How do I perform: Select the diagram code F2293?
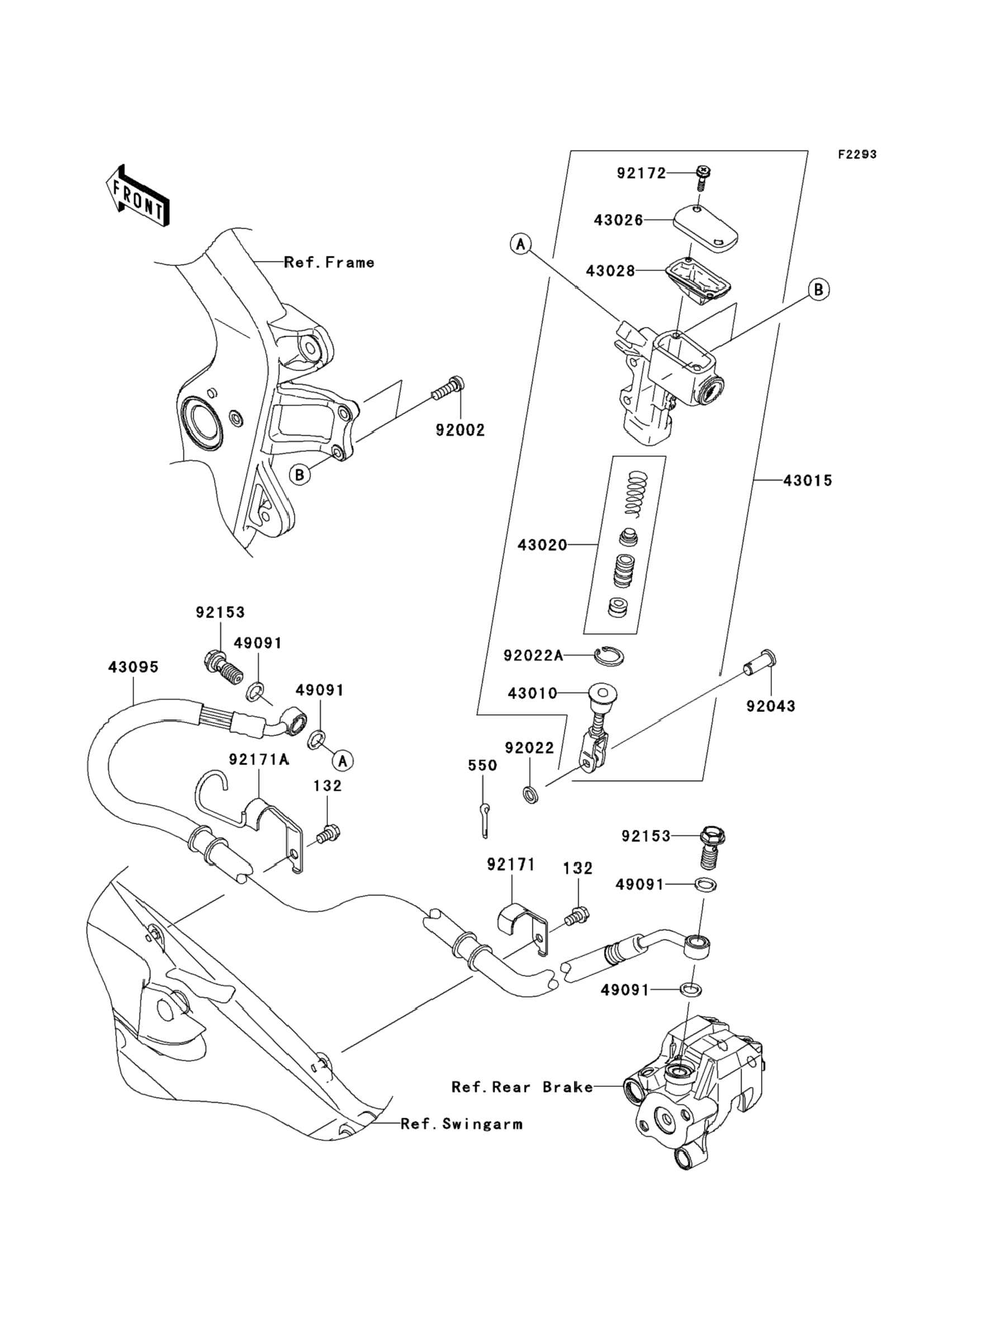click(857, 155)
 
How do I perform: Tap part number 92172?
click(641, 173)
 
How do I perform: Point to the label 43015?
click(807, 481)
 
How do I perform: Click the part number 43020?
click(543, 545)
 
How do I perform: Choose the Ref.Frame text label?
click(329, 262)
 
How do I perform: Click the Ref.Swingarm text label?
click(462, 1124)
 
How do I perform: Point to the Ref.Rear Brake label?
click(522, 1086)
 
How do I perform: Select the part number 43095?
click(133, 667)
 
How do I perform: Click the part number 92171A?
click(259, 760)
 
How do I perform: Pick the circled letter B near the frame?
click(299, 475)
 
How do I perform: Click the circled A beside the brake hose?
click(343, 761)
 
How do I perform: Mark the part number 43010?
click(532, 694)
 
